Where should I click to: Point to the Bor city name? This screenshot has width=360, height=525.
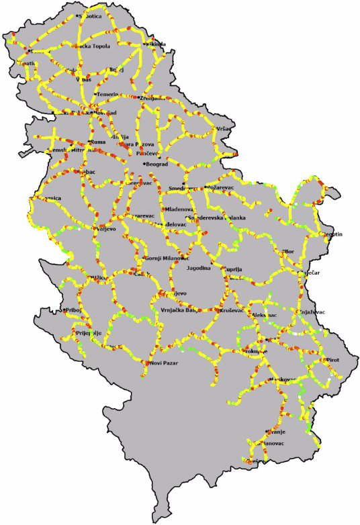[290, 252]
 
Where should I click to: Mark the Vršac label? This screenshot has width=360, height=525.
[224, 128]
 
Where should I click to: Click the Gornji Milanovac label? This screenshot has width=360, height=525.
[167, 258]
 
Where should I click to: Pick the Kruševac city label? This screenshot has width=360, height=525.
[232, 311]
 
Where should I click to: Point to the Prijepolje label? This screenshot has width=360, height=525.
[88, 333]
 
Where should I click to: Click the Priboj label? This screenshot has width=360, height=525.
[73, 310]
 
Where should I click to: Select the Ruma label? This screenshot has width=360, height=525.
[98, 142]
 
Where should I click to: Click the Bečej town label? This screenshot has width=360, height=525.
[117, 69]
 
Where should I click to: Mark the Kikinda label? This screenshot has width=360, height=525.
[156, 44]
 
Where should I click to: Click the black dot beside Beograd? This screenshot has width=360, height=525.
[144, 164]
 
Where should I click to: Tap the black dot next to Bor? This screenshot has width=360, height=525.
[283, 252]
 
